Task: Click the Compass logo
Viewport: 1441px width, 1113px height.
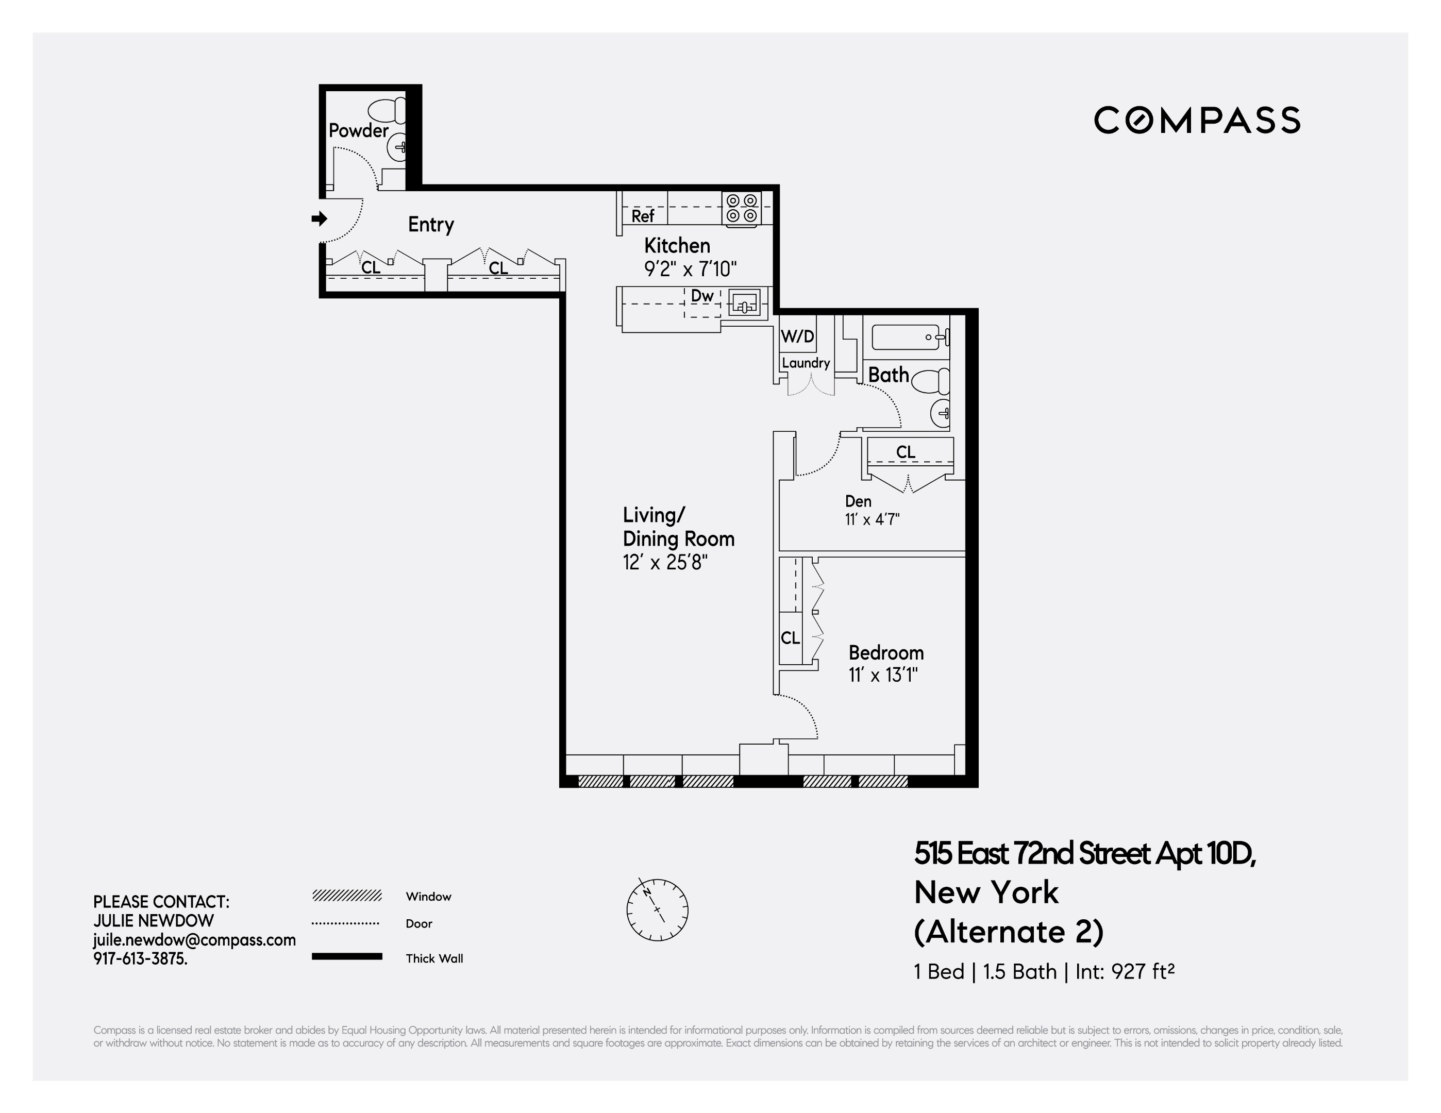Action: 1197,120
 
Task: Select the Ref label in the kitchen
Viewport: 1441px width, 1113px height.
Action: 643,216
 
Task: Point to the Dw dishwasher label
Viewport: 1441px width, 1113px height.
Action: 702,296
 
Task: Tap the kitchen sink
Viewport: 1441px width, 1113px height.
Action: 745,304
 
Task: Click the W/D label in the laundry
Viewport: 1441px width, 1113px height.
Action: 797,337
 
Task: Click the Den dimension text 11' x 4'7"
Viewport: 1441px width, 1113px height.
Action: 872,519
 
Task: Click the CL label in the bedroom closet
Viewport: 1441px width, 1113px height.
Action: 790,637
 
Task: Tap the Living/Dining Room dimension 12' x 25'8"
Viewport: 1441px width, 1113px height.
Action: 665,562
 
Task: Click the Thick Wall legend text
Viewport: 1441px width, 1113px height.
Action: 434,958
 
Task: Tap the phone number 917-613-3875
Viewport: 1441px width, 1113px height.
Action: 140,958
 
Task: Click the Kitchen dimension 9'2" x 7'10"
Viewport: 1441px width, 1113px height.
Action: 690,268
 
